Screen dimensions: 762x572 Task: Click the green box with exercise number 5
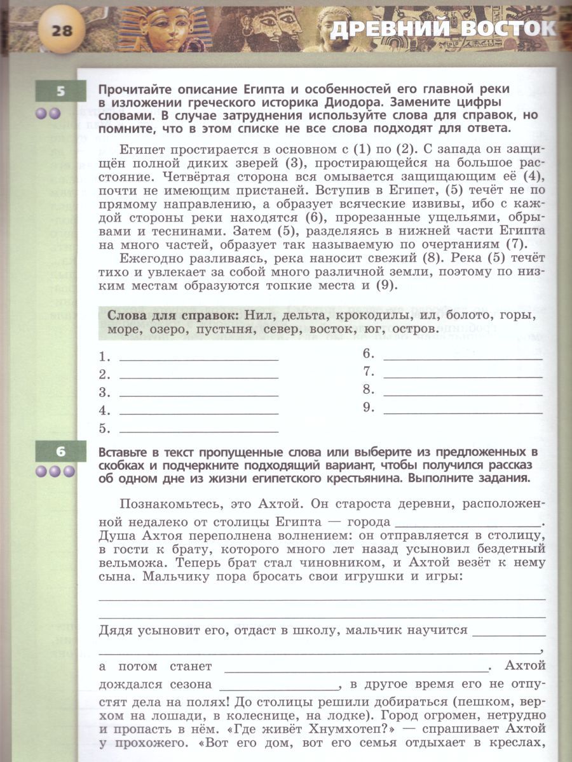coord(60,91)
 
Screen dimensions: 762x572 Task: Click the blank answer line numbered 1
coord(198,358)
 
